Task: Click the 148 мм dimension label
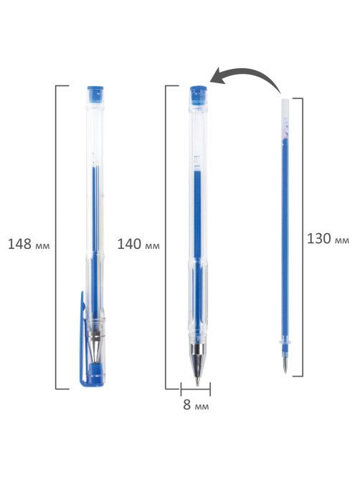tap(29, 244)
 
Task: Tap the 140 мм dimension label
tap(138, 244)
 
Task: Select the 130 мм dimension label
tap(328, 238)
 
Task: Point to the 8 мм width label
tap(196, 405)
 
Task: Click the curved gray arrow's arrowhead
tap(218, 76)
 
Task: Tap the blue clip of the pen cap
tap(82, 338)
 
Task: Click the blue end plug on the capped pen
tap(95, 94)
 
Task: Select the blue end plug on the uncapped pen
tap(198, 95)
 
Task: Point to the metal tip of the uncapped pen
tap(198, 364)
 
